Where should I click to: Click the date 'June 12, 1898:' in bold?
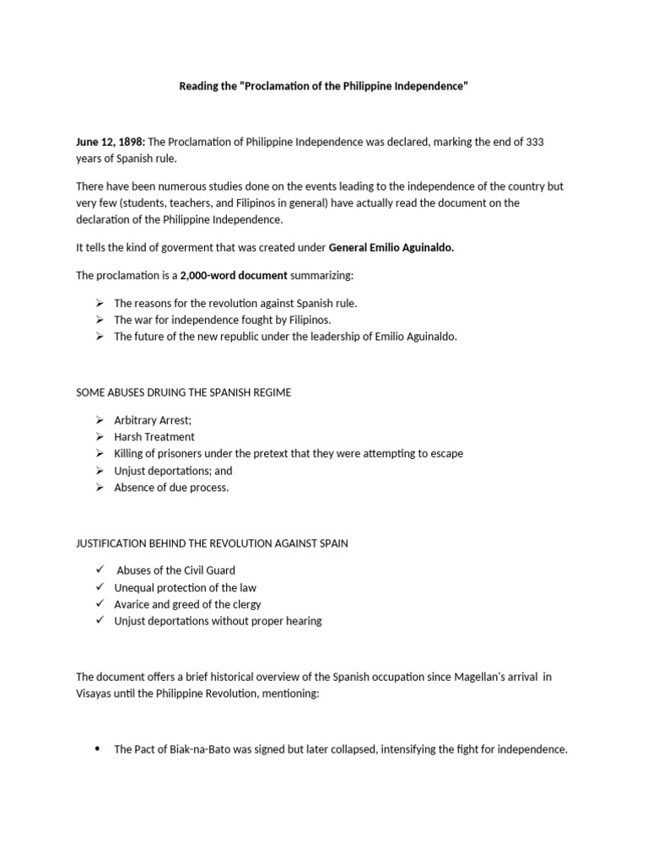[x=111, y=142]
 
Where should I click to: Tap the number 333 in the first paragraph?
[x=534, y=142]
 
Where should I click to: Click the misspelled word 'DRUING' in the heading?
[x=171, y=393]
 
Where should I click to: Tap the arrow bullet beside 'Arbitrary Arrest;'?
[x=99, y=420]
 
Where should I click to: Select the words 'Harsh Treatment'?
[x=154, y=437]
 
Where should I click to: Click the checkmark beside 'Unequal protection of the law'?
[x=99, y=587]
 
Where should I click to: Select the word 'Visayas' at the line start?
[x=94, y=694]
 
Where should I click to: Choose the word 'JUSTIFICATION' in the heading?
[x=111, y=543]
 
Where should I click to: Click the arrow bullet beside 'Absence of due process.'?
[x=99, y=488]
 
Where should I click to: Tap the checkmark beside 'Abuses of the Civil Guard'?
[x=99, y=570]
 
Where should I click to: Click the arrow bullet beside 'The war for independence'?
[x=99, y=320]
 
